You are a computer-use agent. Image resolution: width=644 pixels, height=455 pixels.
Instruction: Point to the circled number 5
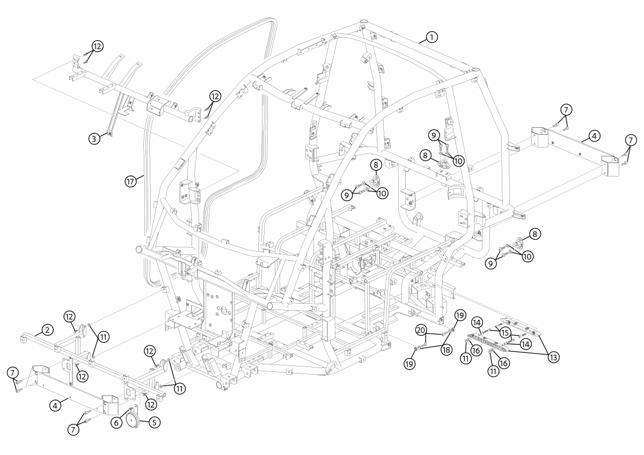coord(153,422)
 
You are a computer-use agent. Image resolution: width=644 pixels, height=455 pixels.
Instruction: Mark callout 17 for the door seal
coord(130,181)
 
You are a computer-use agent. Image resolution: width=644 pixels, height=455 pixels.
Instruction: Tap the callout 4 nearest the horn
coord(55,406)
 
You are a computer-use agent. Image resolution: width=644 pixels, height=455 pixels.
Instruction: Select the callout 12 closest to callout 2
coord(69,317)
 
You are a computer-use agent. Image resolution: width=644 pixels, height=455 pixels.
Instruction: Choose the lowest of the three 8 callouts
coord(536,234)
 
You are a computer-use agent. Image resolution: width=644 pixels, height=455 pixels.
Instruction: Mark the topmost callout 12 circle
coord(97,46)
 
